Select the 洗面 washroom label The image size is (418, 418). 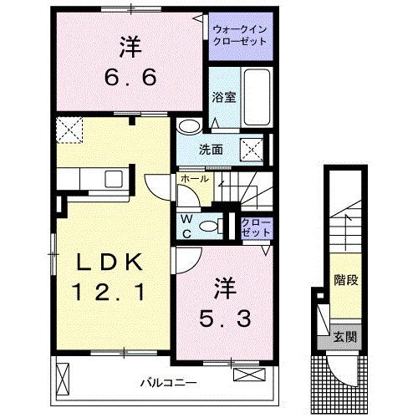tap(211, 150)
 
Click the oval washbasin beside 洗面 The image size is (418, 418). tap(190, 127)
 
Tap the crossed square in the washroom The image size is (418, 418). tap(252, 151)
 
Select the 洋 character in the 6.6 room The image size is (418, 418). tap(129, 46)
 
